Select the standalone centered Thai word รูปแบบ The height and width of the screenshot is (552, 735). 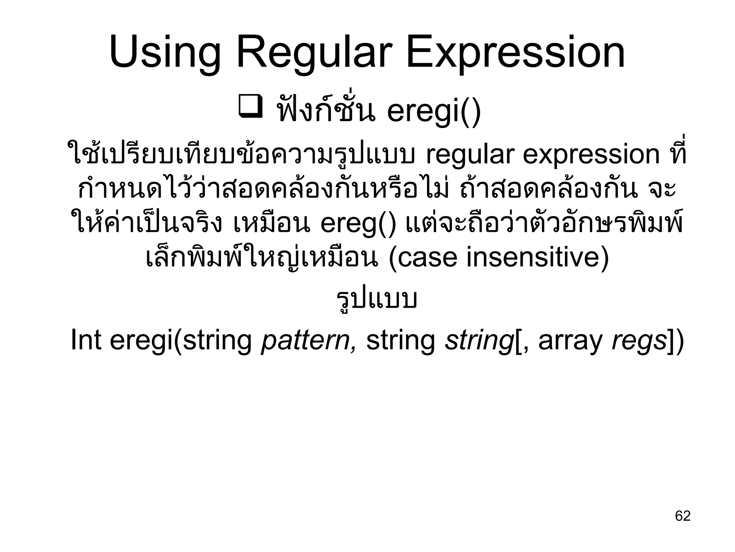pyautogui.click(x=376, y=299)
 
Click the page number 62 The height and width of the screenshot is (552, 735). pyautogui.click(x=683, y=516)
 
